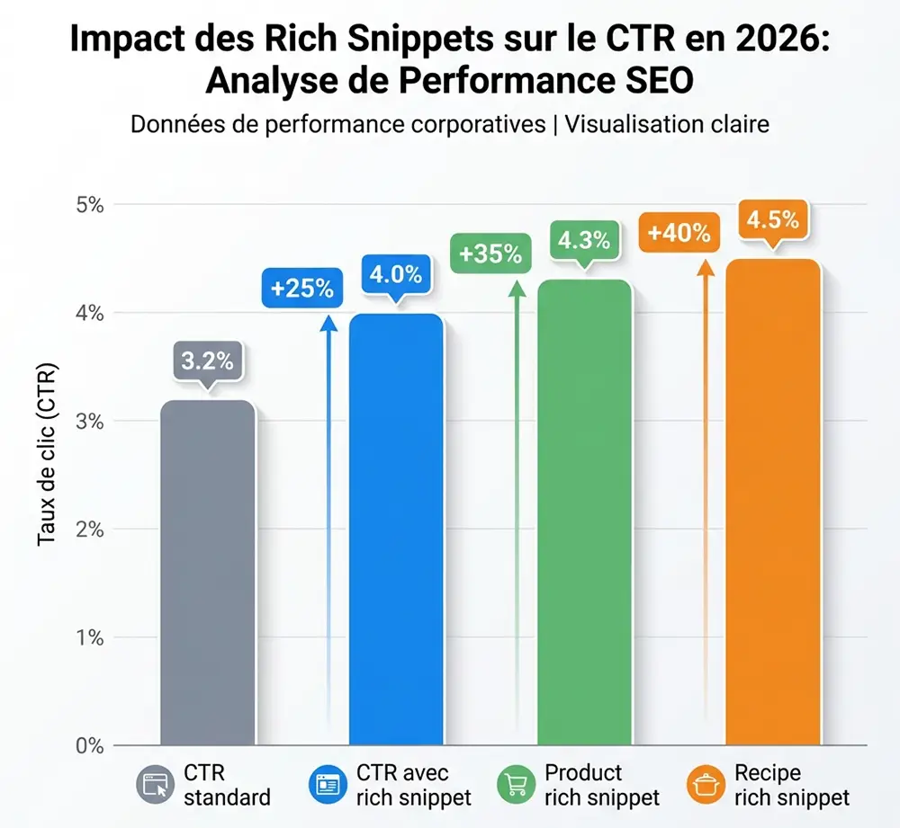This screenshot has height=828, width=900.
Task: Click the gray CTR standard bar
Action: [207, 575]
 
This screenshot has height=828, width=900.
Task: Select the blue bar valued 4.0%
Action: [396, 530]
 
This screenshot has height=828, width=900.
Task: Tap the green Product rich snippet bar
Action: [584, 512]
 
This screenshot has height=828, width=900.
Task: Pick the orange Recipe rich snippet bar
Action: [773, 503]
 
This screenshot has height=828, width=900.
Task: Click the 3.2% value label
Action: [207, 361]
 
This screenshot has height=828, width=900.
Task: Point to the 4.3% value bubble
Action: [584, 241]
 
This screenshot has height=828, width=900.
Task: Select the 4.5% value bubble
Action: [773, 220]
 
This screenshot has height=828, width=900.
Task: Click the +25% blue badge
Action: [301, 289]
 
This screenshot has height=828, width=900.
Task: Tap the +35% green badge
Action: [490, 254]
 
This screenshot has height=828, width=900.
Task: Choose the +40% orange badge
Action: [679, 233]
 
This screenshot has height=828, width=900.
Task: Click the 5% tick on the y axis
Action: [89, 204]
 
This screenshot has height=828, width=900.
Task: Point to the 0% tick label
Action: [89, 746]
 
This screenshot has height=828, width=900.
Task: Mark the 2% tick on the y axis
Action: [89, 530]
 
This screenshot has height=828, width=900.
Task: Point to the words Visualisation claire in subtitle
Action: [667, 123]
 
